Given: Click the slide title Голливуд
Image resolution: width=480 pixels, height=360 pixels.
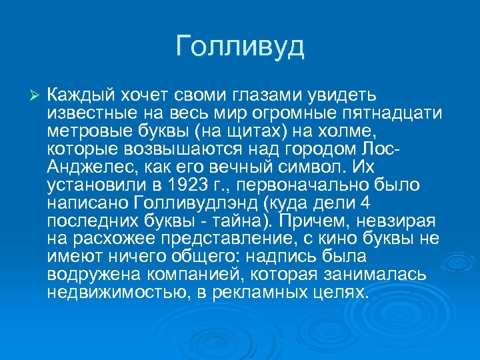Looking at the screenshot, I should pyautogui.click(x=240, y=47).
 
